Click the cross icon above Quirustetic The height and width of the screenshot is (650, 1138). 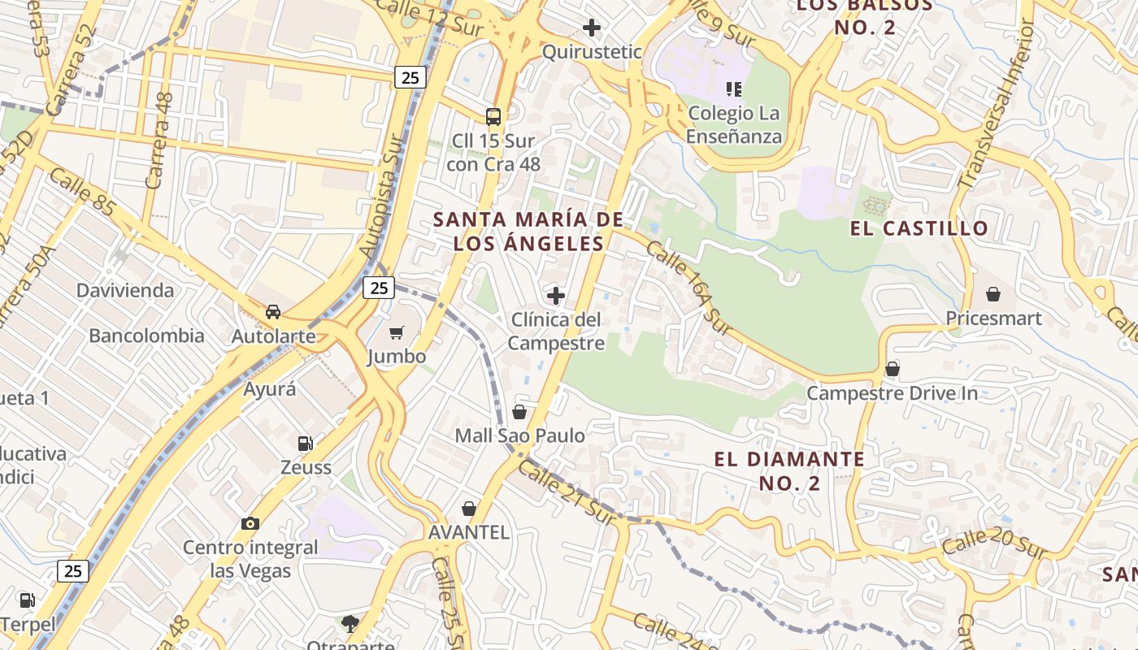[x=592, y=28]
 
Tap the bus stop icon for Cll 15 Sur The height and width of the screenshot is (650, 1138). [x=493, y=116]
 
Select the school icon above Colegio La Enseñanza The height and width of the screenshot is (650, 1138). [x=734, y=89]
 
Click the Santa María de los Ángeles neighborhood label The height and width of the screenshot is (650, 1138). [x=528, y=232]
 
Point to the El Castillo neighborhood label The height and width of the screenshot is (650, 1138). [x=919, y=228]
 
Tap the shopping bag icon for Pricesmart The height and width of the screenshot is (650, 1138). [x=992, y=294]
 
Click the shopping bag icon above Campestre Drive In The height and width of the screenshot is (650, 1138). [x=892, y=370]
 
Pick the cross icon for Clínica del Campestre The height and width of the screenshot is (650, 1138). [x=556, y=295]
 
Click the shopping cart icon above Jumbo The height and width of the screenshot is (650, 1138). [x=397, y=332]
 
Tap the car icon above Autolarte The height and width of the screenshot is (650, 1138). [x=273, y=312]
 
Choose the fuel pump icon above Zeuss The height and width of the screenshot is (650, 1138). [x=306, y=444]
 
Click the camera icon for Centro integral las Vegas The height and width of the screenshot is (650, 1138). [x=250, y=523]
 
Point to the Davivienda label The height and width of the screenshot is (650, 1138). [x=125, y=290]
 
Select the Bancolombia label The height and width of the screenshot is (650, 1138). [x=146, y=336]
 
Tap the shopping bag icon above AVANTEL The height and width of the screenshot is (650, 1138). [x=469, y=509]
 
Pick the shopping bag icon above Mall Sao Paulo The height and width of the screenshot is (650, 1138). [x=519, y=412]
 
